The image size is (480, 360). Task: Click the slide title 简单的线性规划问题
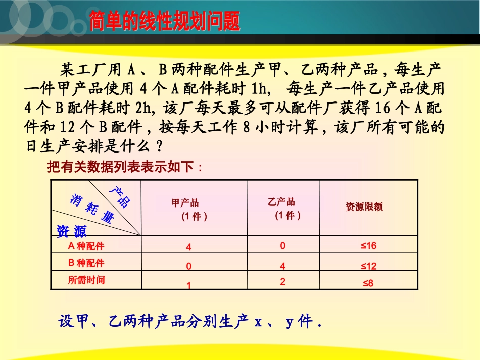(x=164, y=22)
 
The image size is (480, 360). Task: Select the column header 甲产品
(x=185, y=203)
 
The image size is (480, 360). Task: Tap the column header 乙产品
(x=281, y=202)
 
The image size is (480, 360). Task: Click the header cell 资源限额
(x=364, y=207)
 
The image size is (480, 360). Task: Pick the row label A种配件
(x=86, y=246)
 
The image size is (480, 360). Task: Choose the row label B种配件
(x=86, y=263)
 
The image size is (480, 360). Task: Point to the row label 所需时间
(x=86, y=279)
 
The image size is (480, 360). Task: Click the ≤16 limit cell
(x=368, y=246)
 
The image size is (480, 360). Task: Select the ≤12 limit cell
(x=368, y=266)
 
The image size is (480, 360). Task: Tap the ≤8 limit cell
(x=368, y=283)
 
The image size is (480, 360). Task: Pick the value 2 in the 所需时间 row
(x=282, y=282)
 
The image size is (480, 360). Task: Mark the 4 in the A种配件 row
(x=188, y=247)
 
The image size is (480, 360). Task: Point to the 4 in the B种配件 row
(x=283, y=266)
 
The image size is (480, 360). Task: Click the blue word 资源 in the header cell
(x=71, y=231)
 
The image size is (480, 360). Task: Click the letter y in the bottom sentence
(x=290, y=321)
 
